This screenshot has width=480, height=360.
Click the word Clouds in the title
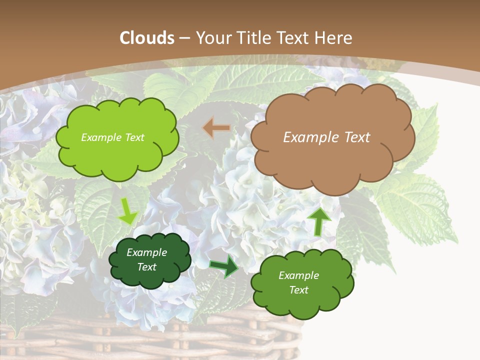(147, 38)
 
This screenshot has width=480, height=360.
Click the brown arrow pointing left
(216, 128)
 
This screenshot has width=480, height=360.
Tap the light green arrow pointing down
(128, 211)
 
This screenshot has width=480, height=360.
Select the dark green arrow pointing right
(224, 265)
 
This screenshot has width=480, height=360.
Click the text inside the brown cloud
(326, 137)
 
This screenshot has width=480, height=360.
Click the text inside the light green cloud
(112, 137)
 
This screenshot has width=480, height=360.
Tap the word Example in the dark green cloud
(146, 252)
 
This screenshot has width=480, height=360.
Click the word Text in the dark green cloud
(147, 267)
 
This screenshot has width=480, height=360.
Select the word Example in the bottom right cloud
(298, 275)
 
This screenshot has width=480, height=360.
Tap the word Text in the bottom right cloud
(299, 290)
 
